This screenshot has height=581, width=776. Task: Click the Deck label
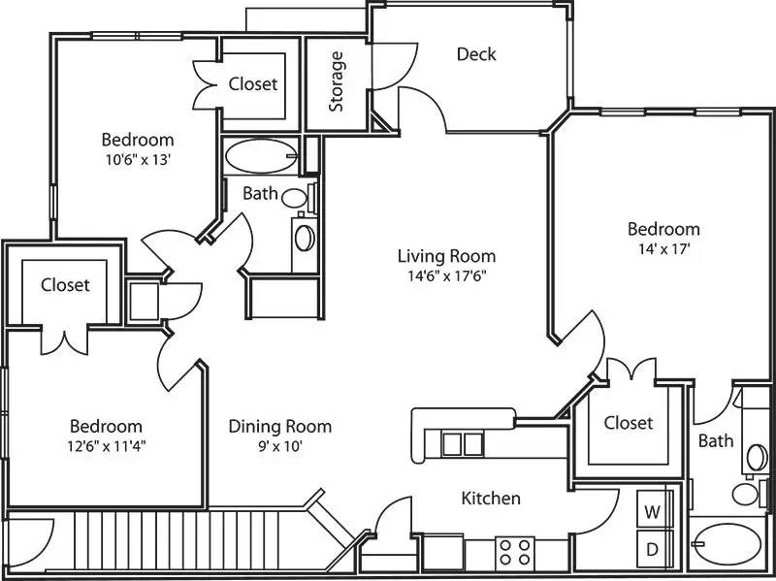[x=476, y=54]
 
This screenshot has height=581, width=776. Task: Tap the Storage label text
[x=337, y=81]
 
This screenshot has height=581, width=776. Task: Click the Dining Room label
[x=279, y=427]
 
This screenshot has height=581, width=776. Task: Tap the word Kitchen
[x=490, y=499]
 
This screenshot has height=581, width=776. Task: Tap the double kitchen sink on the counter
[x=461, y=443]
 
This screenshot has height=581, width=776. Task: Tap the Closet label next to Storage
[x=253, y=84]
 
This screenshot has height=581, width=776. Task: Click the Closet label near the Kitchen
[x=628, y=423]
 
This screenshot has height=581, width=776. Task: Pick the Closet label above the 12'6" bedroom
[x=65, y=285]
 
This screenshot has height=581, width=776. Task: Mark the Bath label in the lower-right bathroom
[x=716, y=441]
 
